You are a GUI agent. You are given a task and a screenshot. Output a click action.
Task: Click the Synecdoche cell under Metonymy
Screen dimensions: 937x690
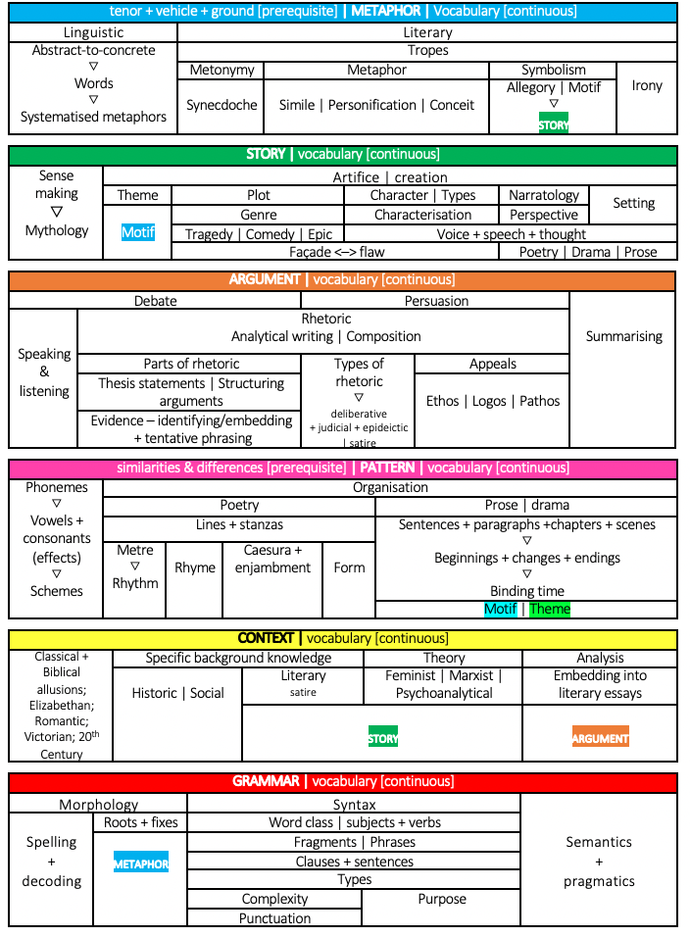click(x=222, y=105)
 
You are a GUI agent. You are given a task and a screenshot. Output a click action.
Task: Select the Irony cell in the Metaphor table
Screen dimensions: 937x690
click(x=647, y=86)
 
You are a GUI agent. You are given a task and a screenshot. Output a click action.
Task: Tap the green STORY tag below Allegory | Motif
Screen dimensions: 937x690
click(x=554, y=124)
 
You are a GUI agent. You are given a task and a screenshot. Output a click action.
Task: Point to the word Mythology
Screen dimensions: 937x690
click(x=57, y=230)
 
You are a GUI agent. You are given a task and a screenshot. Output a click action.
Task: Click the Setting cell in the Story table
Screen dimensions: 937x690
click(x=633, y=203)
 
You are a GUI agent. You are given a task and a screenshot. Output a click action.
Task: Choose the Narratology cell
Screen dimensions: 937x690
click(x=544, y=195)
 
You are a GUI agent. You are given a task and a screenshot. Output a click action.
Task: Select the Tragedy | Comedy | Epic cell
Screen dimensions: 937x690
click(x=259, y=234)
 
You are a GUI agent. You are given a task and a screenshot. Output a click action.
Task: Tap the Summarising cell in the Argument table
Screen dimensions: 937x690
click(x=624, y=336)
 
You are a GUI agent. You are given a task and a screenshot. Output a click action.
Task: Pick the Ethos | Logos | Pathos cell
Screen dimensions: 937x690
click(x=492, y=401)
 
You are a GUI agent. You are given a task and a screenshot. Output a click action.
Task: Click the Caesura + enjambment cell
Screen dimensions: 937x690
click(x=273, y=560)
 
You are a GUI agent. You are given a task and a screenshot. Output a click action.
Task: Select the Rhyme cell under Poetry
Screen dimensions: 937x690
click(x=195, y=567)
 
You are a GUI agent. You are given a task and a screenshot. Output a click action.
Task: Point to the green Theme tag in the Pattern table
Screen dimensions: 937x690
click(x=549, y=609)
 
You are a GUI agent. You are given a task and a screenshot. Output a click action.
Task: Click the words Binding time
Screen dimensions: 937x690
click(x=527, y=591)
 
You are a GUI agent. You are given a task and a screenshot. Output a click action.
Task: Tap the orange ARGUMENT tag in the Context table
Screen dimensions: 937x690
click(x=600, y=738)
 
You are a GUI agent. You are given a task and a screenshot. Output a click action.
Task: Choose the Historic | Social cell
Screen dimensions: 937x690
click(x=178, y=693)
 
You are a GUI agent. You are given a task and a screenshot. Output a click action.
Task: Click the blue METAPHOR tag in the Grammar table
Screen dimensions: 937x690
click(x=141, y=863)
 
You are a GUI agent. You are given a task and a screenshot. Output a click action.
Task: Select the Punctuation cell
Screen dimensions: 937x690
click(x=275, y=918)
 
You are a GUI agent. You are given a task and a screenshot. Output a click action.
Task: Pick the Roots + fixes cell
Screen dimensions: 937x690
click(x=141, y=822)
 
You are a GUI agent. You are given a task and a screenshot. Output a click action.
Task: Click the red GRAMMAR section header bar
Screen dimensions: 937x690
click(x=343, y=782)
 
